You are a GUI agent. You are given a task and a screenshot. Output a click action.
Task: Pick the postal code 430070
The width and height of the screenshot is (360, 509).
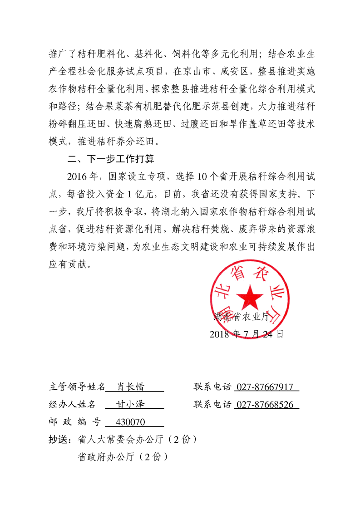tap(131, 422)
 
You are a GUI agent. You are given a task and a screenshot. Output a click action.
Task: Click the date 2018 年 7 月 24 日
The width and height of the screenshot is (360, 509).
tap(247, 334)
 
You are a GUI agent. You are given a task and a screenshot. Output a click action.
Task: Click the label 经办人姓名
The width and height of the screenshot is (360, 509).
tap(72, 404)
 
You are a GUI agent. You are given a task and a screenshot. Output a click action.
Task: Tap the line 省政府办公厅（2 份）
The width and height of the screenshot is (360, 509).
tap(123, 457)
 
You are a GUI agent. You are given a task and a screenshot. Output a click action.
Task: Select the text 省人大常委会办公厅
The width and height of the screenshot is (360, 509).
tap(121, 440)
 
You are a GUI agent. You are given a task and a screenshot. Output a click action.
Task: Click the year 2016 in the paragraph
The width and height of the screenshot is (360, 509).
tap(77, 177)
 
